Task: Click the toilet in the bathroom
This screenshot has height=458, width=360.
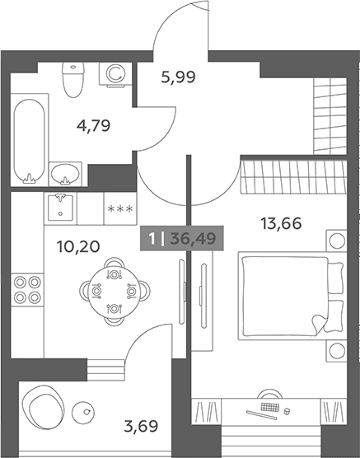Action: (73, 79)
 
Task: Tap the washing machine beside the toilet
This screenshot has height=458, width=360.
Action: (115, 74)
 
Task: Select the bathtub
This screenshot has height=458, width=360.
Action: (29, 141)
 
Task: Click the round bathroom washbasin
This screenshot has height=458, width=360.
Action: (65, 174)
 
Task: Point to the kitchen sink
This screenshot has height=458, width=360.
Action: (60, 208)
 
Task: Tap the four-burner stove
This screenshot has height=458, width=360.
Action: (27, 290)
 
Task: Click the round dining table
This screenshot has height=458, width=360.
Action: (115, 292)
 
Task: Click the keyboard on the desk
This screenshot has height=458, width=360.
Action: (269, 408)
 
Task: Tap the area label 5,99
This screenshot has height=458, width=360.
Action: (178, 77)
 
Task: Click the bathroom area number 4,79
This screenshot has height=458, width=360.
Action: (94, 126)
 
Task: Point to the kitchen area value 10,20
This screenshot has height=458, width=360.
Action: (78, 246)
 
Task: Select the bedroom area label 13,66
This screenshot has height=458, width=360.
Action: (281, 224)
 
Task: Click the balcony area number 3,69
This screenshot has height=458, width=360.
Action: (141, 426)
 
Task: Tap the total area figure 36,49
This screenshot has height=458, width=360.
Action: (193, 239)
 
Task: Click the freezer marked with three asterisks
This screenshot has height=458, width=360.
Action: (120, 208)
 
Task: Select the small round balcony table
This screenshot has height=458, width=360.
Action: (83, 412)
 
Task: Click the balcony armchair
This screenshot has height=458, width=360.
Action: (43, 409)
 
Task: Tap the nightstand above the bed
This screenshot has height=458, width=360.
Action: (337, 241)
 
